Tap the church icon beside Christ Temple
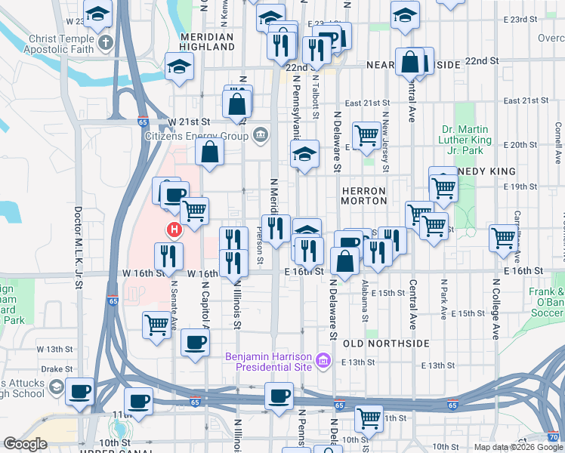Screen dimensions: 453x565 point(107,42)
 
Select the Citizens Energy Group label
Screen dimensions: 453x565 point(197,136)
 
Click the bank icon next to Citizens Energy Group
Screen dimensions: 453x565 point(261,136)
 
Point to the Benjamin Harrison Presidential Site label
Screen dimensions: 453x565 point(270,361)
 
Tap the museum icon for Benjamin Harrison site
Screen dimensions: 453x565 point(324,361)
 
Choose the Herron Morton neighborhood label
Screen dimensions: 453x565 point(364,196)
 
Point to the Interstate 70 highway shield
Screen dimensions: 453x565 point(554,436)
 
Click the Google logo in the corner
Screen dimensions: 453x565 point(26,444)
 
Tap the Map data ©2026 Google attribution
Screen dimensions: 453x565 point(517,447)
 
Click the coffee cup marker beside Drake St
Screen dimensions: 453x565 point(79,392)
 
